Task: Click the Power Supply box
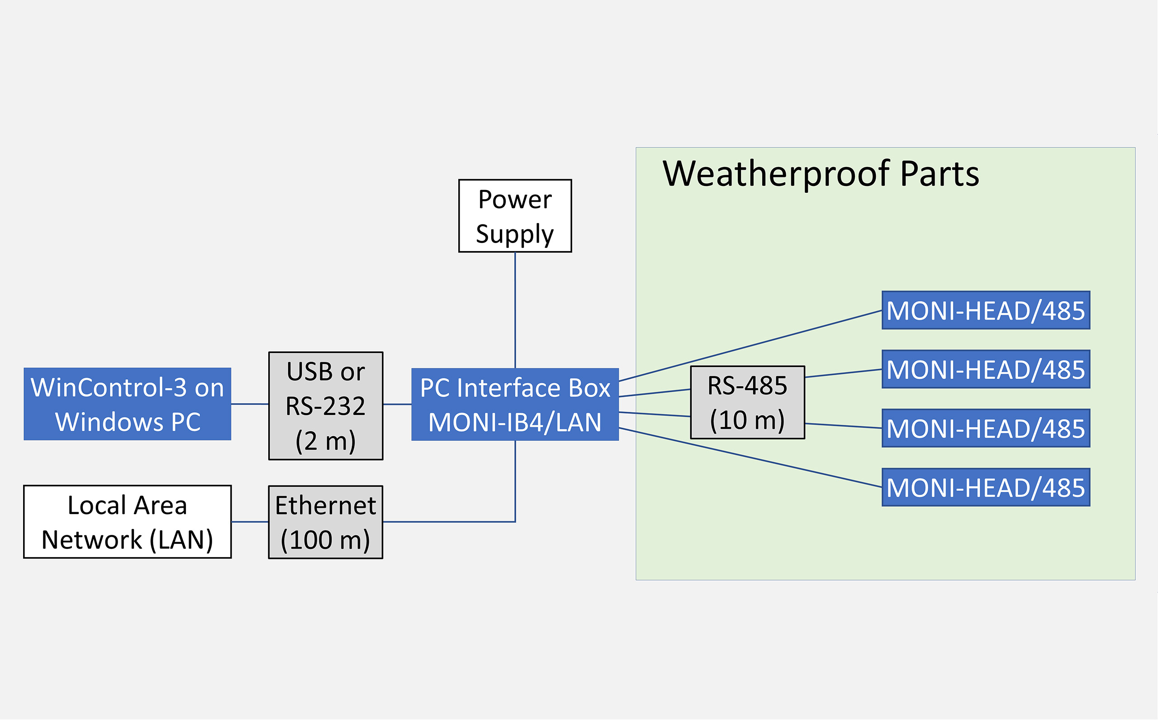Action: click(515, 216)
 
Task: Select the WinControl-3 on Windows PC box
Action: click(127, 404)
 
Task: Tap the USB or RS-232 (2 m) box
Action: click(326, 406)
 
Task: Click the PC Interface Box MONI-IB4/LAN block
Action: click(515, 404)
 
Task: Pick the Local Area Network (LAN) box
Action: click(127, 522)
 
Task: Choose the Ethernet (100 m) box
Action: click(326, 522)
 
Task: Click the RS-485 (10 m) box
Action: click(747, 403)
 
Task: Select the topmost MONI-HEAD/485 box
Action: click(986, 310)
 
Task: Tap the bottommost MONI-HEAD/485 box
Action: click(986, 487)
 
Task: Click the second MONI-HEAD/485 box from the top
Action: click(986, 369)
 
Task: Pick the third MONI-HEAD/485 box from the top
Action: click(986, 429)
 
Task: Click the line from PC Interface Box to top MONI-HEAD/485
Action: click(750, 346)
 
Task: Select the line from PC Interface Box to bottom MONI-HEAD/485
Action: click(750, 458)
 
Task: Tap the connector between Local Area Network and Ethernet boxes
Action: click(250, 522)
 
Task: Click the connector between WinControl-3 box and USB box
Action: click(250, 404)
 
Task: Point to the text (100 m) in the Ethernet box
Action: click(325, 540)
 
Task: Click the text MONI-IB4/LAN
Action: click(515, 422)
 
